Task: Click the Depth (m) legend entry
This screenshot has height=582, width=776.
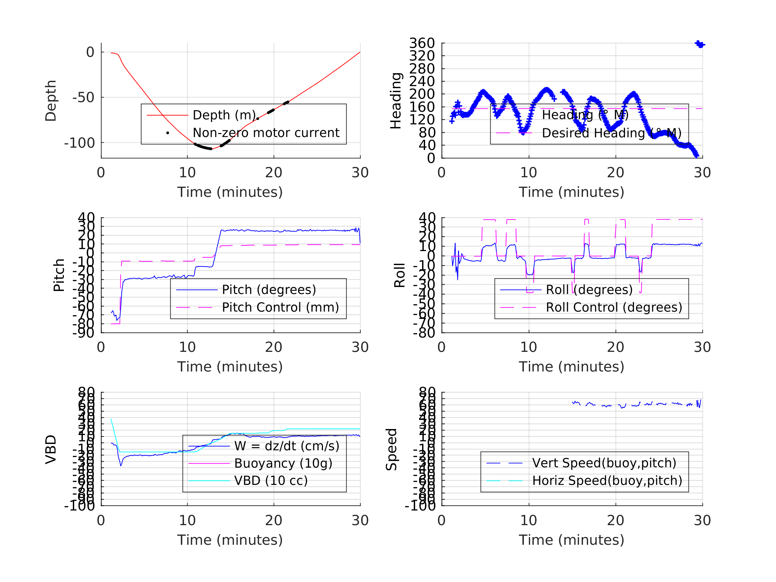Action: tap(225, 115)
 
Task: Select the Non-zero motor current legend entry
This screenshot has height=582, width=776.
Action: tap(265, 133)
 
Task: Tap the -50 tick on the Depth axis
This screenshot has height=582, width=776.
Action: tap(83, 97)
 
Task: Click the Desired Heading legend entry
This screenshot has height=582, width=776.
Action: tap(611, 133)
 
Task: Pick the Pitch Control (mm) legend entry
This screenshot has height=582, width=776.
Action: tap(280, 307)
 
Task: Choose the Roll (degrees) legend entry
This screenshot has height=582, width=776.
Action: tap(589, 290)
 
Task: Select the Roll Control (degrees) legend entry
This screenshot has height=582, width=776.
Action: tap(614, 307)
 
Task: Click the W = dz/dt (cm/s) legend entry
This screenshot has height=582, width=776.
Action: tap(287, 446)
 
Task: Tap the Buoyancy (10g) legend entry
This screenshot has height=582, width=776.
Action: tap(283, 463)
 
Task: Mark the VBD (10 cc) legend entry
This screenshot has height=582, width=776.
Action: tap(270, 481)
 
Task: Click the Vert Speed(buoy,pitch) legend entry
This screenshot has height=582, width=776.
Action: tap(604, 463)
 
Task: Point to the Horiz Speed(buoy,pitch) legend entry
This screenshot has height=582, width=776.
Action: tap(607, 481)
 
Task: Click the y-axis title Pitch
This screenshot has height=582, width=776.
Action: tap(59, 275)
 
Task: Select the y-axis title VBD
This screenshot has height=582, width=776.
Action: tap(51, 449)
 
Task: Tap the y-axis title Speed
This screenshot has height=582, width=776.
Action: tap(391, 449)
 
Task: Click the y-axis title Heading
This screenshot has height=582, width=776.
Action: tap(396, 101)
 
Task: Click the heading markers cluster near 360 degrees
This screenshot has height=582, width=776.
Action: tap(699, 44)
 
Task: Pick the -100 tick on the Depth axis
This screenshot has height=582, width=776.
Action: tap(79, 143)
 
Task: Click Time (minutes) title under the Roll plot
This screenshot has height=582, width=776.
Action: tap(571, 366)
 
